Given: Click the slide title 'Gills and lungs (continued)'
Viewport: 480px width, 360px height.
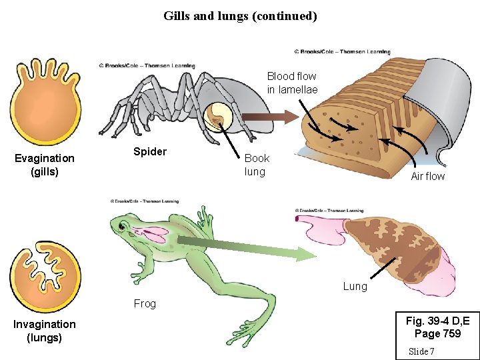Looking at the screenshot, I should [x=240, y=15].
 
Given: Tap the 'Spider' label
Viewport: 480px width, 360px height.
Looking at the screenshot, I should [x=150, y=151].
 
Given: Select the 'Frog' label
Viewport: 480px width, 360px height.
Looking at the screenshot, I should [x=145, y=303].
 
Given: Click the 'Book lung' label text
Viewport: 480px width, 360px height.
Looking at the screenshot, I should [x=257, y=165].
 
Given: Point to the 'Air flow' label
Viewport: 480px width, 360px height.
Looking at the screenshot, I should [x=428, y=176].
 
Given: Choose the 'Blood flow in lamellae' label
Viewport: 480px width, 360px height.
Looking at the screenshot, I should [x=292, y=83].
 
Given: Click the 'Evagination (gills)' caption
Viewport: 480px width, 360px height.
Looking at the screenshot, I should [x=45, y=165].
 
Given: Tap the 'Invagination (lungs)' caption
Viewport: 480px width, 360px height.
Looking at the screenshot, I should [x=45, y=331].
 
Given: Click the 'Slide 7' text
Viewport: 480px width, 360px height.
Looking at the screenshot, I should [x=422, y=351].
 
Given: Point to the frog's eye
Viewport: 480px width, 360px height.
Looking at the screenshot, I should [x=122, y=227].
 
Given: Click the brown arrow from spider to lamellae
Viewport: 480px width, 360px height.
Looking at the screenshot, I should [x=267, y=118].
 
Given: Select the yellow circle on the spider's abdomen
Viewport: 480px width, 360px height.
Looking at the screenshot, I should [x=219, y=118].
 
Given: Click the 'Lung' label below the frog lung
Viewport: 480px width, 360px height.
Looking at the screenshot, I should [x=355, y=286].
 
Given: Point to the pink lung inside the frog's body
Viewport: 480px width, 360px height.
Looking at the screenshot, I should [x=155, y=234].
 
